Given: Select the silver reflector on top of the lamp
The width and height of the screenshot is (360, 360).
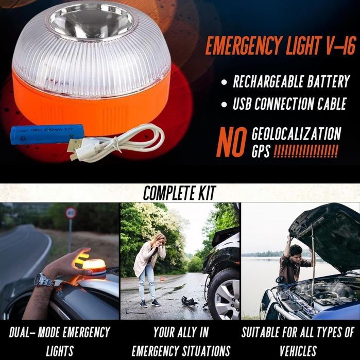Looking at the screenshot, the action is (x=91, y=20).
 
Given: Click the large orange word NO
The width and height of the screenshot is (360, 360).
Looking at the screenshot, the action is (x=232, y=142).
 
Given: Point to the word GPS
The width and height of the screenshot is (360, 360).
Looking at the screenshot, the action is (x=261, y=151).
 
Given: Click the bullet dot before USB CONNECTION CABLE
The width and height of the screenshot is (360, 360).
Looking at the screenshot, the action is (x=224, y=105).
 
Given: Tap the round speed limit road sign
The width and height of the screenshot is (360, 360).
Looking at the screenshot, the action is (x=71, y=213).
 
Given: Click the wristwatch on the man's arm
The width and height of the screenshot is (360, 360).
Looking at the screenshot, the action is (x=44, y=280).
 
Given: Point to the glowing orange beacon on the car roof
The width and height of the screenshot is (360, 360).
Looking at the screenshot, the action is (x=94, y=269).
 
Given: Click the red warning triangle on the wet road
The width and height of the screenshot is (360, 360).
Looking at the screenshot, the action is (x=162, y=279).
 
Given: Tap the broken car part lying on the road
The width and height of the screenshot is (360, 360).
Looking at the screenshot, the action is (x=188, y=301).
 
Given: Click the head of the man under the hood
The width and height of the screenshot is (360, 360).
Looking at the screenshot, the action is (x=296, y=252).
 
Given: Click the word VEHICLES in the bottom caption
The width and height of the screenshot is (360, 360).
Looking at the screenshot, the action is (x=298, y=351).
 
